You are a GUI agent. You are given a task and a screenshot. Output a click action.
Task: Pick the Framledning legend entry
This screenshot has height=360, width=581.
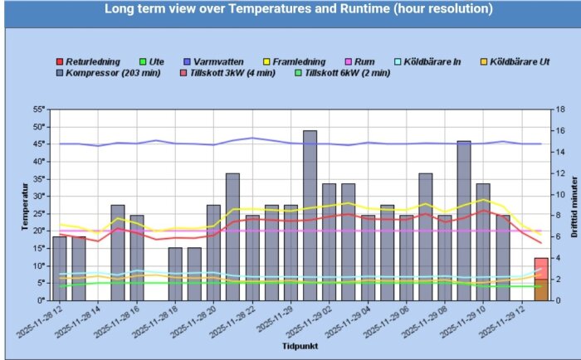point(293,61)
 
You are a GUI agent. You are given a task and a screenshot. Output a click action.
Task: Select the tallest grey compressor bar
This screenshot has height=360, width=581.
point(310,216)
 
